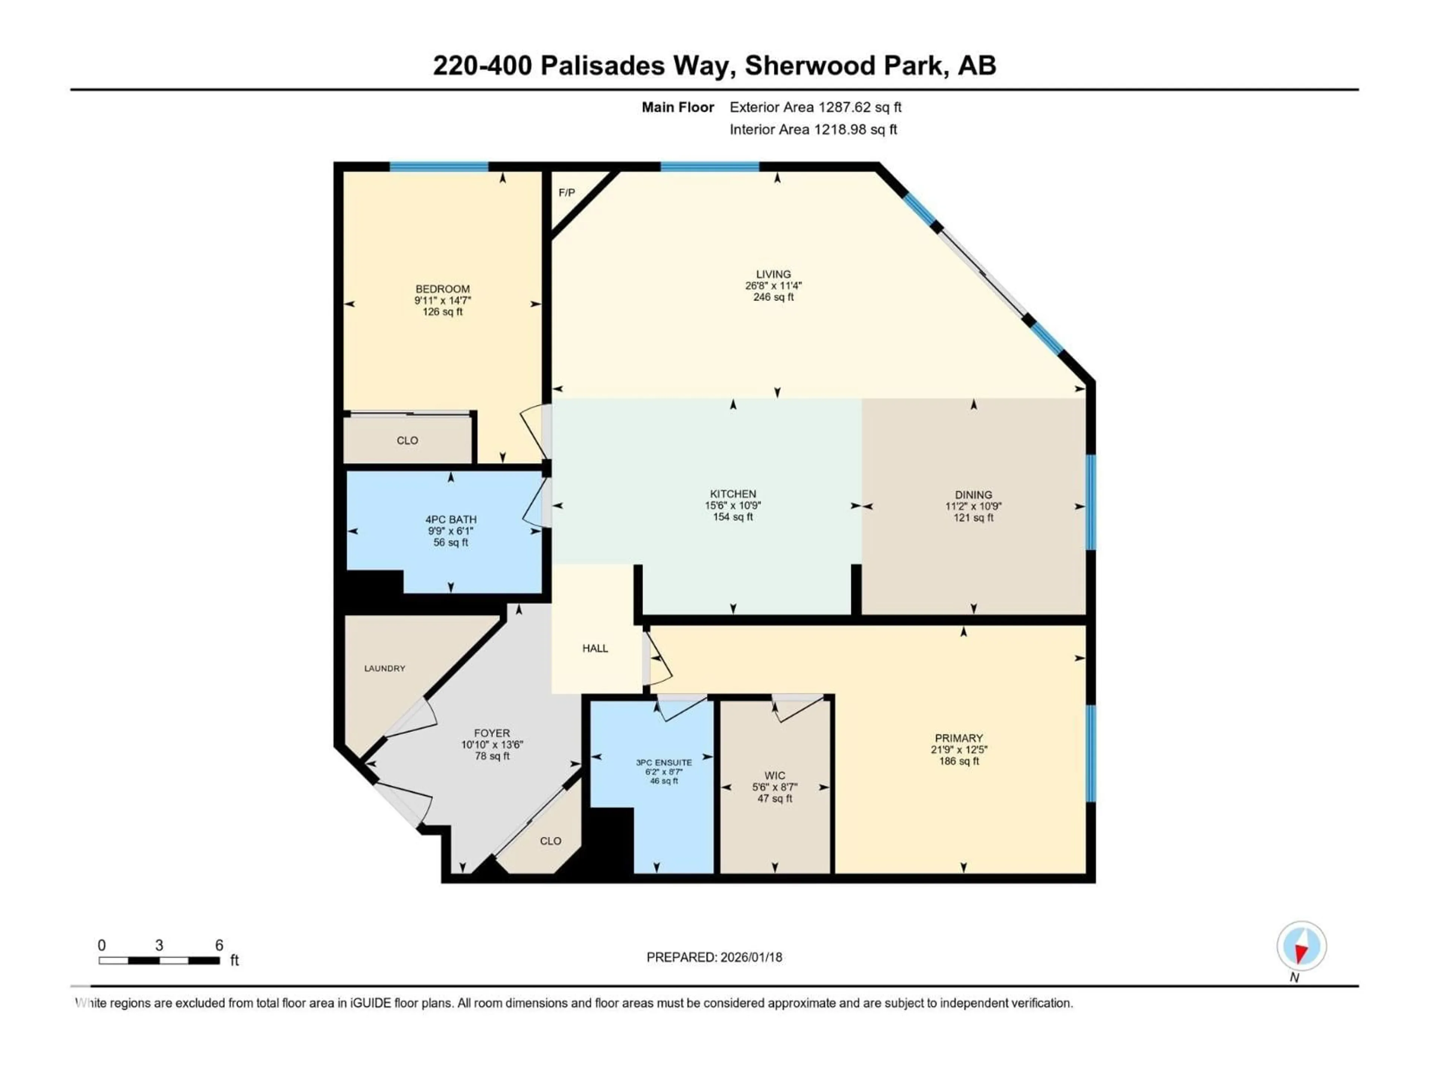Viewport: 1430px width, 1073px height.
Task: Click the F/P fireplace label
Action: (566, 193)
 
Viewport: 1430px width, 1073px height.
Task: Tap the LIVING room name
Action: (773, 274)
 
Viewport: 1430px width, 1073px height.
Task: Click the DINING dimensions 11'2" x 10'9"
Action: (973, 506)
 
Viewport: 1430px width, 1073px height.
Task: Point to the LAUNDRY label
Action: (385, 668)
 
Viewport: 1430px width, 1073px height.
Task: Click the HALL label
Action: (595, 648)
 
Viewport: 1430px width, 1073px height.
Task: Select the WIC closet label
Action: (775, 775)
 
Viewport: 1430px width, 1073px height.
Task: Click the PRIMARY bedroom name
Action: (958, 738)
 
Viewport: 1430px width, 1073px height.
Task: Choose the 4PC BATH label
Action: (451, 519)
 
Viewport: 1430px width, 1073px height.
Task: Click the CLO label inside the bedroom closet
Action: (407, 440)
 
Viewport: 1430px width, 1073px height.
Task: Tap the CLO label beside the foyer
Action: (550, 841)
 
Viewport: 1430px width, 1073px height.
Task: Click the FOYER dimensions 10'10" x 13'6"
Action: (492, 744)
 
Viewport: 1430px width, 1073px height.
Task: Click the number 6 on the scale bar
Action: (219, 945)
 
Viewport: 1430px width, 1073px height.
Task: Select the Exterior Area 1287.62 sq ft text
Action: (815, 107)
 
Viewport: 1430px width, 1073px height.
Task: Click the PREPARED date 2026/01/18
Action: (750, 957)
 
